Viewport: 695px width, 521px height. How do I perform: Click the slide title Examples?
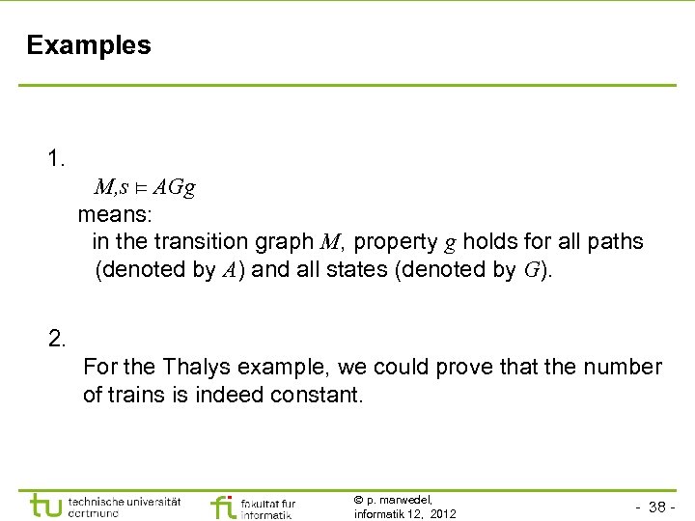[x=89, y=45]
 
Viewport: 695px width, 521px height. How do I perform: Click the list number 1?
[x=57, y=158]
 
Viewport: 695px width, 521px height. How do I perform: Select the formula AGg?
[x=174, y=186]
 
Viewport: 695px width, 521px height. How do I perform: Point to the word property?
[x=394, y=241]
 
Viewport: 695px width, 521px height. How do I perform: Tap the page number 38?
[x=660, y=507]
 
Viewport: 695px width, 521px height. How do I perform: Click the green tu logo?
[x=47, y=506]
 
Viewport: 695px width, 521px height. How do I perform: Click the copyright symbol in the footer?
[x=359, y=500]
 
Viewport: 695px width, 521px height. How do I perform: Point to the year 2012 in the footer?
[x=442, y=513]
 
